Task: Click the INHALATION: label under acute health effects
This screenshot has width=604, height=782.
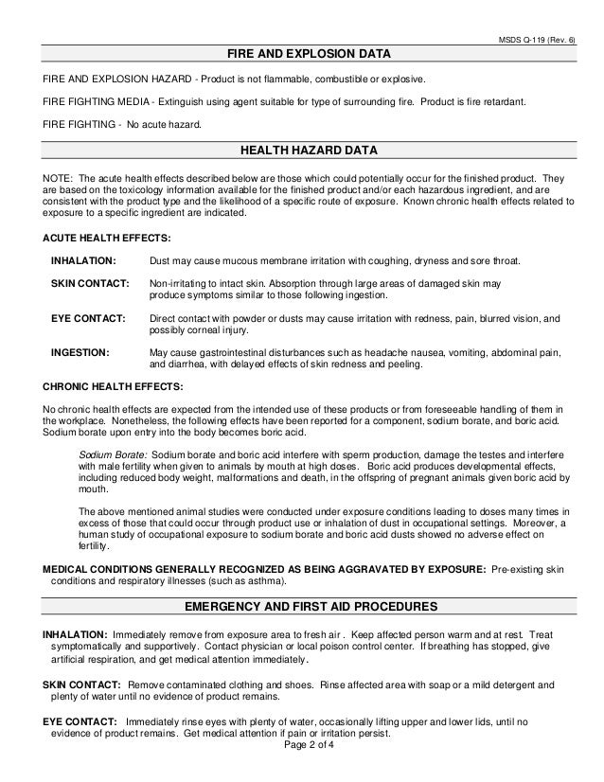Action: click(83, 259)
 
